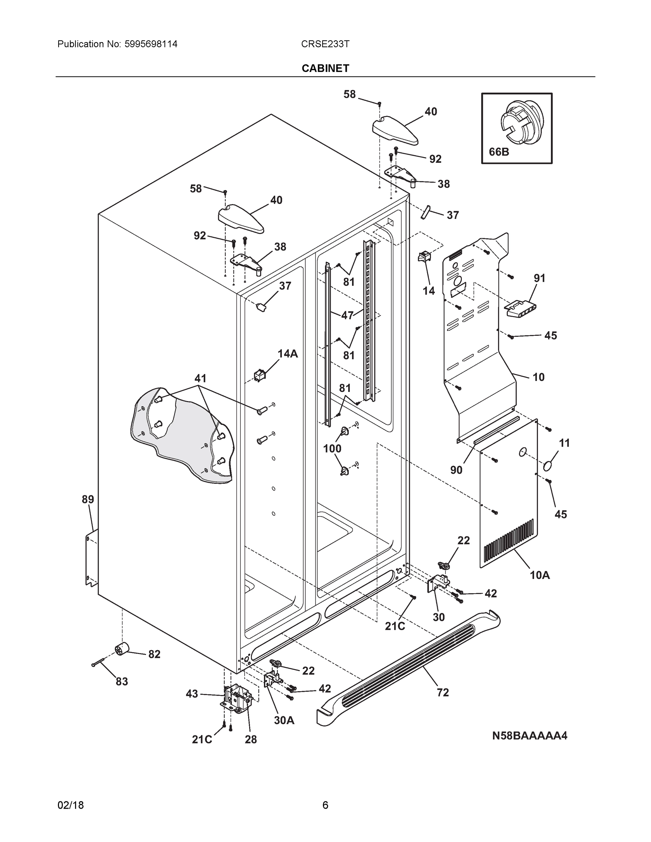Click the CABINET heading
[x=325, y=68]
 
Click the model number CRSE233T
[x=325, y=44]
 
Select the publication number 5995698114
[x=151, y=44]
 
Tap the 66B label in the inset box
[x=499, y=152]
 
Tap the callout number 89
[x=87, y=500]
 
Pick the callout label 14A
[x=288, y=354]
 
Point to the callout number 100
[x=332, y=448]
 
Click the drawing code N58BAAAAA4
[x=530, y=736]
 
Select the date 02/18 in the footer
[x=71, y=805]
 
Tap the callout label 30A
[x=284, y=721]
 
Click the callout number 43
[x=192, y=694]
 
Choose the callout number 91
[x=539, y=278]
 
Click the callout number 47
[x=347, y=315]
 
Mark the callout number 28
[x=251, y=740]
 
